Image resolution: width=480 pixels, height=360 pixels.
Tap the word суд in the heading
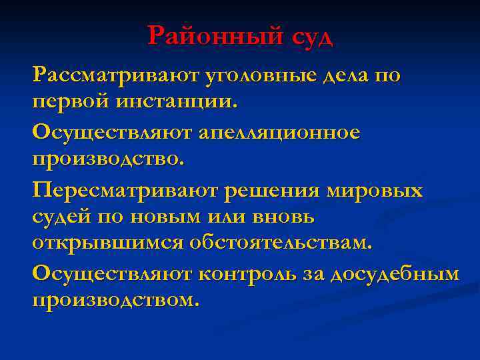coord(311,35)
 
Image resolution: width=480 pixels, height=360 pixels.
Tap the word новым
coord(163,217)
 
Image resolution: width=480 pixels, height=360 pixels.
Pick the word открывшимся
coord(107,243)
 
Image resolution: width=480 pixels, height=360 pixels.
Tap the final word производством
coord(115,300)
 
